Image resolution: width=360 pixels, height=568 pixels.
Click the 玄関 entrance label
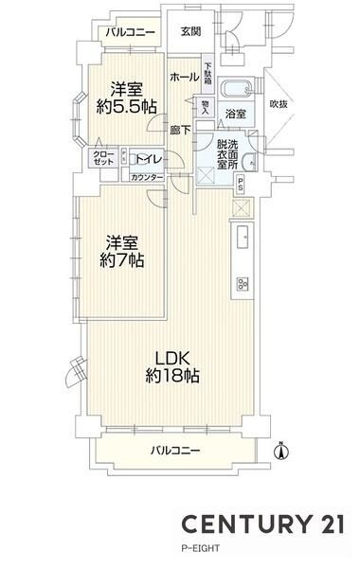(x=190, y=32)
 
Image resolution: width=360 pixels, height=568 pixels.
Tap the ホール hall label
(x=185, y=77)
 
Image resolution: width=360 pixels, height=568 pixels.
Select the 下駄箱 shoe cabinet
(x=207, y=75)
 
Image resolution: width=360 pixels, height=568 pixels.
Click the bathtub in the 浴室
(x=236, y=88)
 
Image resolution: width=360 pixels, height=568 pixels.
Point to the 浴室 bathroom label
(x=236, y=114)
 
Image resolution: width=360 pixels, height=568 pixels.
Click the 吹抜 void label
(x=279, y=104)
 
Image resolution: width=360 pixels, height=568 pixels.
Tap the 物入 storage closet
(x=206, y=107)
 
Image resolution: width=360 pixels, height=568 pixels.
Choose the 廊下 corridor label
(x=181, y=130)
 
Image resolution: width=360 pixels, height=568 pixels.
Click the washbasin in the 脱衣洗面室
(x=249, y=162)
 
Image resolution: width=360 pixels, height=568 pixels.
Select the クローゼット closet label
(x=103, y=158)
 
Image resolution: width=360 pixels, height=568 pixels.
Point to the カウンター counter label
(x=147, y=178)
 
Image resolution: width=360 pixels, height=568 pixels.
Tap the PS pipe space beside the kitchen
(x=240, y=185)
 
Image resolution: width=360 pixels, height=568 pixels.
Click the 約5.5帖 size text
(x=127, y=107)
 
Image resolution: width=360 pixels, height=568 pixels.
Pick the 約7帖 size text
(x=122, y=260)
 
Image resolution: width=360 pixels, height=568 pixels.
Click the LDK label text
(x=172, y=359)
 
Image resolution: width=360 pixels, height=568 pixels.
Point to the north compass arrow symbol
(x=281, y=451)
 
